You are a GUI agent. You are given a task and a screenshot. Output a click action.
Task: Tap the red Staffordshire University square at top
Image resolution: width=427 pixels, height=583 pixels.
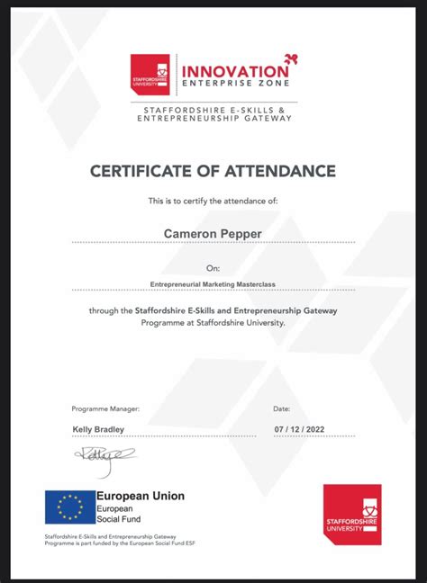click(150, 75)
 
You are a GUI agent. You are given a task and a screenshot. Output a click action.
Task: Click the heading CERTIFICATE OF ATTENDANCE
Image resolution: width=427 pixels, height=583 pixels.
click(213, 171)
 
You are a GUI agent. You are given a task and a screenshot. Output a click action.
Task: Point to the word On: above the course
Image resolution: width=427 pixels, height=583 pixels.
click(213, 267)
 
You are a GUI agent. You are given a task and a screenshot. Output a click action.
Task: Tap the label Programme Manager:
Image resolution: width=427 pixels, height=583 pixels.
click(102, 408)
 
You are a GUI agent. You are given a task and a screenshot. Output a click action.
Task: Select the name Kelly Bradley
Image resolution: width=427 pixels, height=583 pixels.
click(98, 429)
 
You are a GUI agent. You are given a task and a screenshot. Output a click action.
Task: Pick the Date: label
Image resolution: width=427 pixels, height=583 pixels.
click(281, 408)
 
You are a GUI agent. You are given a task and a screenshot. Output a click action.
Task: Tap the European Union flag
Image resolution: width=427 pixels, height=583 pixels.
click(70, 507)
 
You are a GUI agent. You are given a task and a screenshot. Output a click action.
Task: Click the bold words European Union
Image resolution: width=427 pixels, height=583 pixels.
click(141, 496)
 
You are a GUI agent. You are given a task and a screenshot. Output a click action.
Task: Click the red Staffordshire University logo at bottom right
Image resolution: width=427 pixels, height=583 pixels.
click(352, 515)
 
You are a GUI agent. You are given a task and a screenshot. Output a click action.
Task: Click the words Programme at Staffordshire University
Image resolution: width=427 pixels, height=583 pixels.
click(213, 321)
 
